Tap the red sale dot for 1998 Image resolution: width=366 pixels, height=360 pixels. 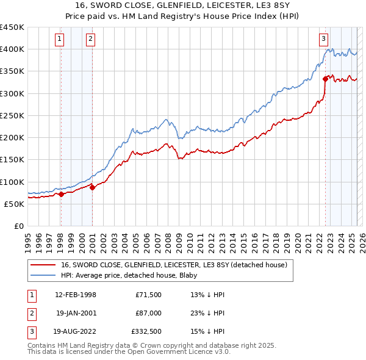tap(61, 195)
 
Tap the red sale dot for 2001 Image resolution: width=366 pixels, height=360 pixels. tap(93, 187)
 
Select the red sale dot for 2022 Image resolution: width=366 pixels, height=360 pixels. tap(325, 78)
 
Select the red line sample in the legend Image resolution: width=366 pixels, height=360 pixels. tap(43, 265)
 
